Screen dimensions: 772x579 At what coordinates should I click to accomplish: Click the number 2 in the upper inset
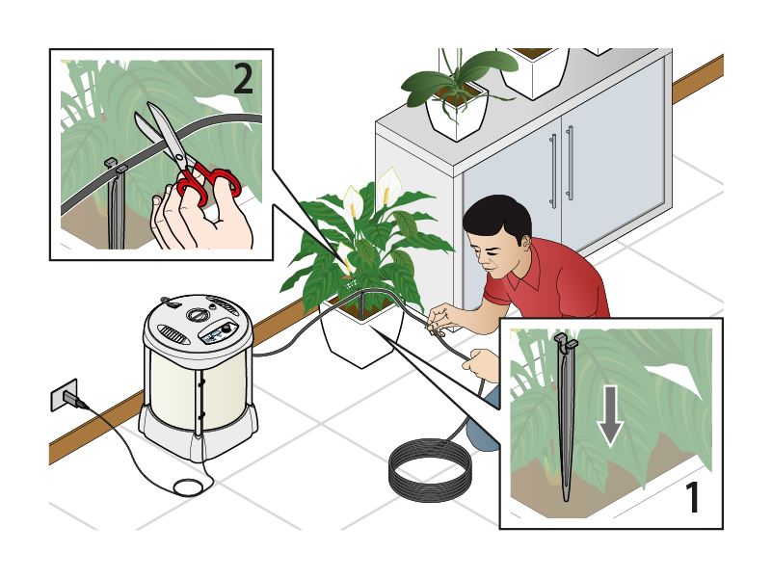pos(243,79)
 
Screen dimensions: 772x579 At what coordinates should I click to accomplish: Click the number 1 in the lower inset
pos(693,497)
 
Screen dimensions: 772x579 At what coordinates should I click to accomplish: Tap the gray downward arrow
pos(610,416)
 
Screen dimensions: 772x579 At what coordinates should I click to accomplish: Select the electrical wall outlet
pos(64,394)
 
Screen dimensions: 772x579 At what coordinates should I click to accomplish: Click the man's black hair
pos(497,218)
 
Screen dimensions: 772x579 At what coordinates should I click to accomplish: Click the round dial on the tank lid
pos(198,315)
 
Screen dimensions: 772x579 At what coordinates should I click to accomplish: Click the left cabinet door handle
pos(553,171)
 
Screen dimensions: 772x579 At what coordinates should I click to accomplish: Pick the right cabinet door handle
pos(570,163)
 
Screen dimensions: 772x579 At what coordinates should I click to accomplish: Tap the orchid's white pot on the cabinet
pos(457,115)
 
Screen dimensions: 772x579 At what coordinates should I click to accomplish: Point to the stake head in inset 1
pos(566,341)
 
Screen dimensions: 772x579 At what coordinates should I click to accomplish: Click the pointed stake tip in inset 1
pos(566,500)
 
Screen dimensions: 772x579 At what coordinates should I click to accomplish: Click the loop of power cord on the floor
pos(189,487)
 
